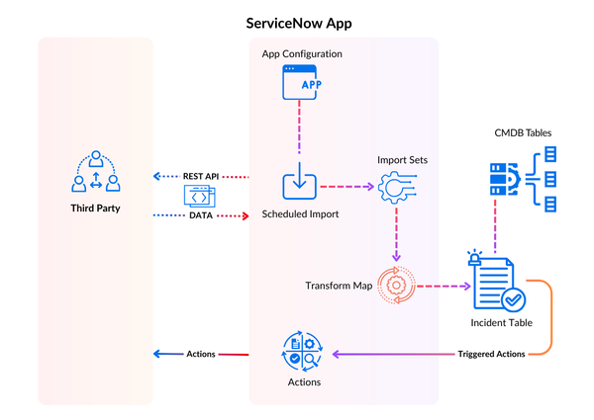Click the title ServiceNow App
click(x=296, y=21)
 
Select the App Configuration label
click(x=302, y=53)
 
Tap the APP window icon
click(x=301, y=82)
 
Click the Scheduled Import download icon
click(x=300, y=184)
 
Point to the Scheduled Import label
click(x=300, y=214)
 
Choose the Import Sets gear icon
click(x=395, y=187)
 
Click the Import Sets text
click(x=402, y=159)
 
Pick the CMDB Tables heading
click(x=522, y=132)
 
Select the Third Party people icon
click(x=96, y=171)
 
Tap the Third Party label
click(x=96, y=209)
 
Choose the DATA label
click(x=201, y=214)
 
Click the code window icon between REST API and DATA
click(x=197, y=196)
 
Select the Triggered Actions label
click(x=491, y=354)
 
